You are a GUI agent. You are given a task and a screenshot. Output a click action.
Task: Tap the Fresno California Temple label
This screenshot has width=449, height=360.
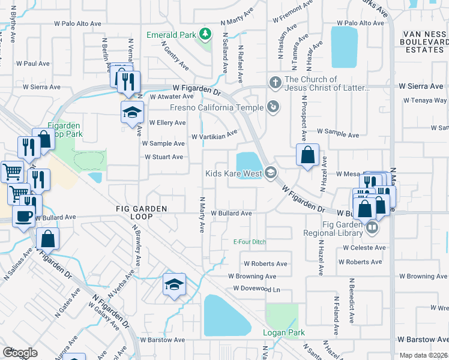click(x=217, y=108)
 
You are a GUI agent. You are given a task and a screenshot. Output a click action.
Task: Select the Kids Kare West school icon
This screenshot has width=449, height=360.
click(x=271, y=173)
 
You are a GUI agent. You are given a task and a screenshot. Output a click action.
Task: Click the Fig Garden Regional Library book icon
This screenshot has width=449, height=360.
click(x=372, y=227)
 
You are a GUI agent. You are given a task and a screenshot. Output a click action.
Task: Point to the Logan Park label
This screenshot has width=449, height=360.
click(x=283, y=332)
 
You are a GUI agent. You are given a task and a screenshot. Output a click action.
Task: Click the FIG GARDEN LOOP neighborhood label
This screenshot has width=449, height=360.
click(x=142, y=208)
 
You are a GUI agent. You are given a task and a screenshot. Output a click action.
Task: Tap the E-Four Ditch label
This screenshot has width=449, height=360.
click(x=249, y=242)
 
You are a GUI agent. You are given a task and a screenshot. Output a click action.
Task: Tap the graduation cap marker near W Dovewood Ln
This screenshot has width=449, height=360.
click(x=174, y=284)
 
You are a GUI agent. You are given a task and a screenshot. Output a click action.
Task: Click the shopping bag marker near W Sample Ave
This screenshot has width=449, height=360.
click(x=307, y=155)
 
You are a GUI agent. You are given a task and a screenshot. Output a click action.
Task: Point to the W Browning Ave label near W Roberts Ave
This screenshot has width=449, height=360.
click(x=252, y=277)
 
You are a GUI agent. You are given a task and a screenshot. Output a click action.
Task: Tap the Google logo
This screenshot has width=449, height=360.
click(x=20, y=353)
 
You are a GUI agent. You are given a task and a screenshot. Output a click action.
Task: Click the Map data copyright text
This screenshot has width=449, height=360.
click(x=423, y=355)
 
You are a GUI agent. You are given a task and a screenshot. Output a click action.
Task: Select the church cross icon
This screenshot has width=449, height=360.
click(x=275, y=82)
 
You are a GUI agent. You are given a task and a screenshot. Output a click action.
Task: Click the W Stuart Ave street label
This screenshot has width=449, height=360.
click(x=164, y=157)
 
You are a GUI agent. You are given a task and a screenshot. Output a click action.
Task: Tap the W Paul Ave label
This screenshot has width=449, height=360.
click(x=33, y=63)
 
